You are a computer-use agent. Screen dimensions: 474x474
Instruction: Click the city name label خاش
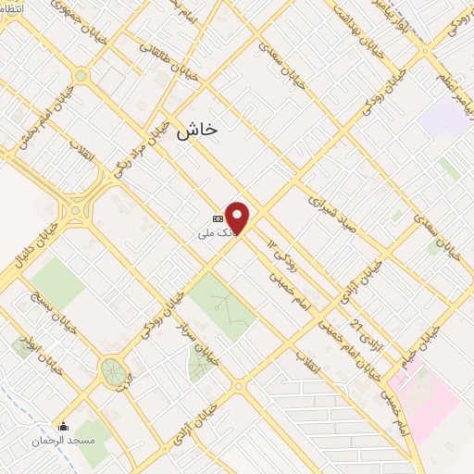click(x=196, y=130)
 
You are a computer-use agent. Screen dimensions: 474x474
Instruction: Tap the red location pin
click(x=238, y=218)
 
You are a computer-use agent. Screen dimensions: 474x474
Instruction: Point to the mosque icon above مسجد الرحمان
click(x=63, y=427)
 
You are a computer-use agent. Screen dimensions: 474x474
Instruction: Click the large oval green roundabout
click(x=113, y=372)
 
